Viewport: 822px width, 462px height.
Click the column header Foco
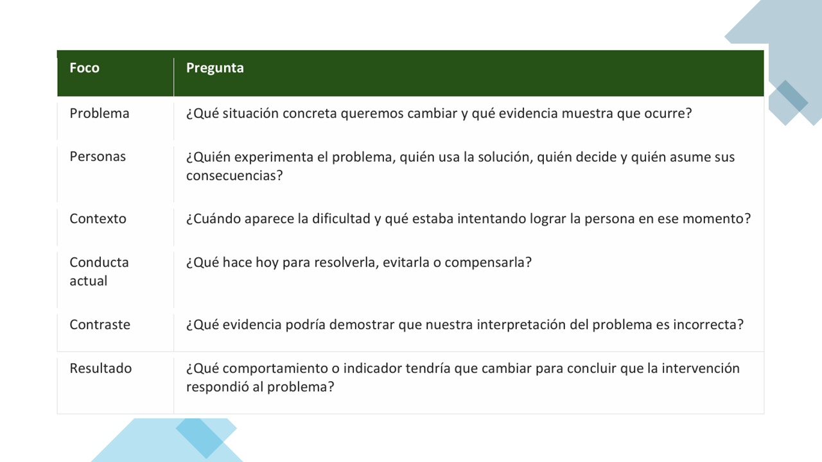pyautogui.click(x=84, y=68)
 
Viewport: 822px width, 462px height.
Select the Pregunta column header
pyautogui.click(x=214, y=69)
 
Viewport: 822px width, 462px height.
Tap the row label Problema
pyautogui.click(x=100, y=114)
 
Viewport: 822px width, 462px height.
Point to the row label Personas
pyautogui.click(x=98, y=157)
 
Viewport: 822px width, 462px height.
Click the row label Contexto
pyautogui.click(x=98, y=219)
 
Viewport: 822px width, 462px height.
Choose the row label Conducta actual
pyautogui.click(x=99, y=271)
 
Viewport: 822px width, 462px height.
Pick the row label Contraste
pyautogui.click(x=100, y=325)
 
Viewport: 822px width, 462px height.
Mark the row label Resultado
pyautogui.click(x=101, y=368)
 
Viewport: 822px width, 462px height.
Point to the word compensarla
pyautogui.click(x=484, y=262)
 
